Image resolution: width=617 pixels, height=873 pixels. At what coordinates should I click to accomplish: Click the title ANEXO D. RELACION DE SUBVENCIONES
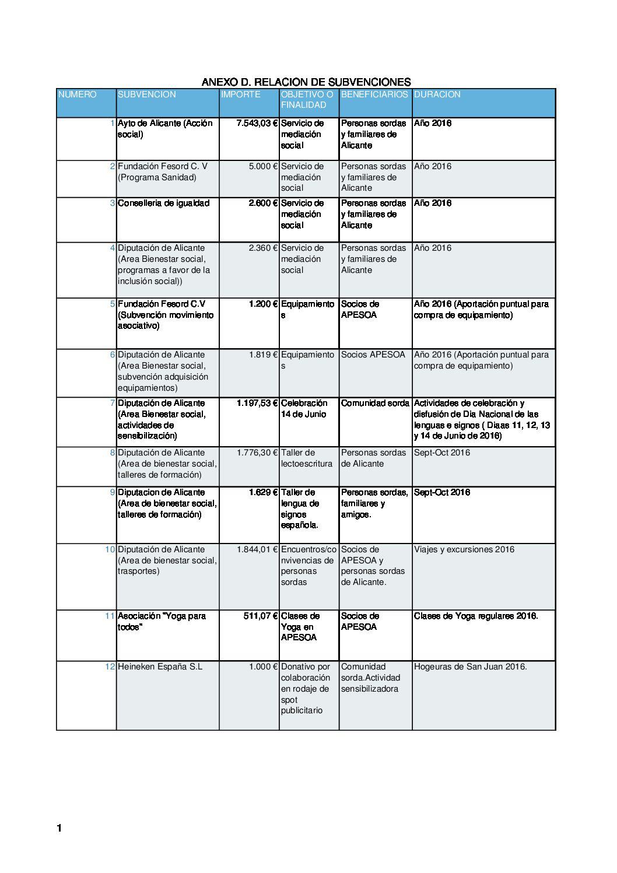[x=306, y=82]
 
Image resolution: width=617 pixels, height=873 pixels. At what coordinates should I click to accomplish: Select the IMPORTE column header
[x=240, y=94]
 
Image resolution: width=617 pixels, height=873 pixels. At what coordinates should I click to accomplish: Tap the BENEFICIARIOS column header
[x=374, y=94]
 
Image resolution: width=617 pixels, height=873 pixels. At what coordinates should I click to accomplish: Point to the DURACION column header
[x=437, y=94]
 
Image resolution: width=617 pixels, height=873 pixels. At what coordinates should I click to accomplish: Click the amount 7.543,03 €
[x=257, y=124]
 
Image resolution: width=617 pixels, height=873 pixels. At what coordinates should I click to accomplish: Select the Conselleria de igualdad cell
[x=163, y=204]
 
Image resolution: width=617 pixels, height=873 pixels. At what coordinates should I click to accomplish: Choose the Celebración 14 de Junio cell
[x=304, y=409]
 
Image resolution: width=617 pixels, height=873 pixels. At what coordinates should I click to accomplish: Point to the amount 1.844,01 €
[x=257, y=549]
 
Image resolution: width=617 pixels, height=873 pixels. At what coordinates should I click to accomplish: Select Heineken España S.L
[x=160, y=667]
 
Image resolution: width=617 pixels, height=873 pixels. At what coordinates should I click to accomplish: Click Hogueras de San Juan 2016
[x=470, y=667]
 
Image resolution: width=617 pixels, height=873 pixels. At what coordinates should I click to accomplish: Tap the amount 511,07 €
[x=260, y=616]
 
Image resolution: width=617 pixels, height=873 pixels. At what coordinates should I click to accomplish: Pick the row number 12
[x=110, y=667]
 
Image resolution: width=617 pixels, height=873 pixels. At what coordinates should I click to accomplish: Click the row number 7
[x=113, y=403]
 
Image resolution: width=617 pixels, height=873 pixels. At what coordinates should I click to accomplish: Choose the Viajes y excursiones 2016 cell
[x=464, y=549]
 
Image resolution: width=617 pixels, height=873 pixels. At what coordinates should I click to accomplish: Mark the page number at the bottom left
[x=59, y=828]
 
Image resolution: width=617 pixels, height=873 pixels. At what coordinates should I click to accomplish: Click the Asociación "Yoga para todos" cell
[x=162, y=621]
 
